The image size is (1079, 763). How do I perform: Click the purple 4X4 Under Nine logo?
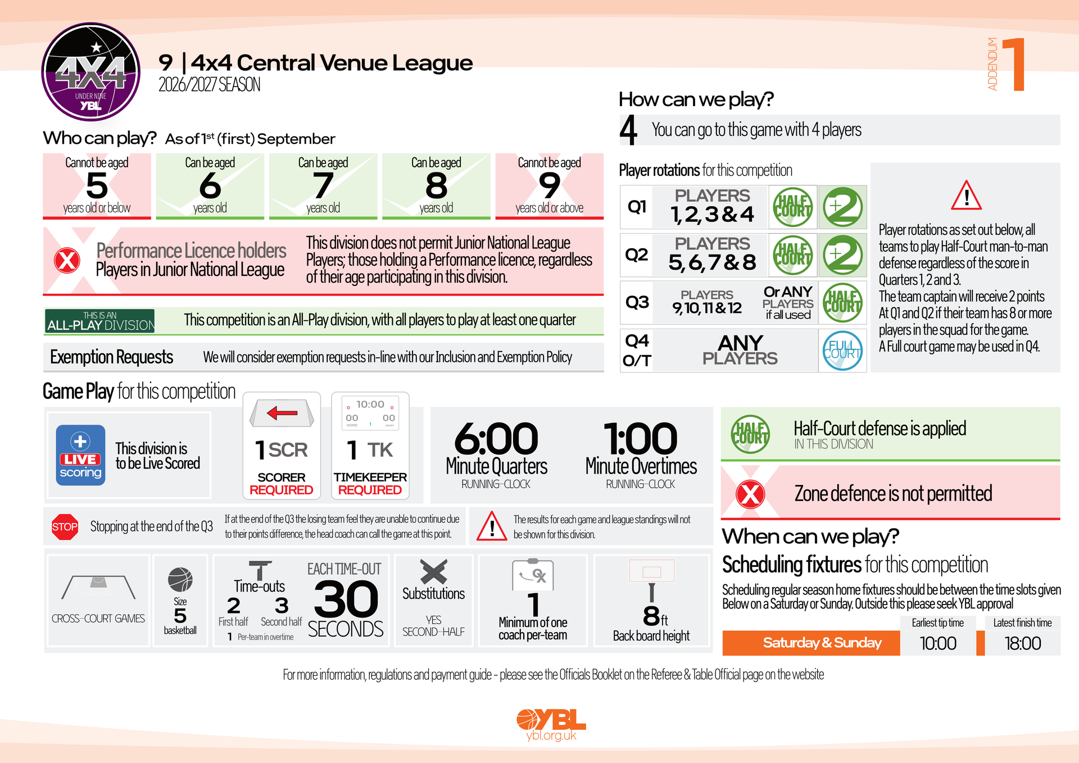(91, 72)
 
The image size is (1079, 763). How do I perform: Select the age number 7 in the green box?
(323, 185)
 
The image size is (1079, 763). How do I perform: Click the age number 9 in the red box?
(549, 185)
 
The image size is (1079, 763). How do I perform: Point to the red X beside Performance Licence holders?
(67, 261)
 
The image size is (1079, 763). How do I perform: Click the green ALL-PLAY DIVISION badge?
(100, 321)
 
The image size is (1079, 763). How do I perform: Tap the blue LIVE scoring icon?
(80, 455)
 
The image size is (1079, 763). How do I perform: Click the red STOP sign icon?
(65, 527)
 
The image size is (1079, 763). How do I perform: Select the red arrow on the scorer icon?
(282, 414)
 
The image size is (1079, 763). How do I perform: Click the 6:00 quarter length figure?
(496, 439)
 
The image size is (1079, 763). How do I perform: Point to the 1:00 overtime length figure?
(641, 439)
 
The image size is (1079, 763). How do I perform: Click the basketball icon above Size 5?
(180, 580)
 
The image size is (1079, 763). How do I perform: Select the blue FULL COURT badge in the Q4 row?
(842, 351)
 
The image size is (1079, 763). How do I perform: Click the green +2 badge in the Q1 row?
(842, 207)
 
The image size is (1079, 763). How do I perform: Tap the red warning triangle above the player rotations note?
(966, 196)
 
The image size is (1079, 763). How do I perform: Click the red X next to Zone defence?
(750, 494)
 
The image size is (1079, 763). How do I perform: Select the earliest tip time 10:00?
(938, 643)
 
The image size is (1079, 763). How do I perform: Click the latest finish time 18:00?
(1023, 643)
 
